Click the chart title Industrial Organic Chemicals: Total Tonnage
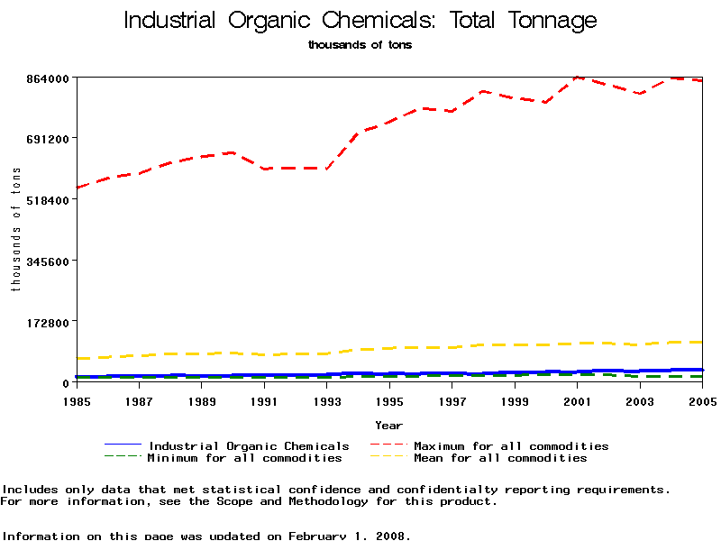[360, 21]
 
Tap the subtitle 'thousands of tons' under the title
[360, 44]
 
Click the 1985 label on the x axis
[76, 400]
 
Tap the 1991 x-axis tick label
[264, 400]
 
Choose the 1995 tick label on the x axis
[389, 400]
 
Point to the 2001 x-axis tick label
[578, 400]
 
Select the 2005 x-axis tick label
[702, 400]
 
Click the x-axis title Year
[388, 425]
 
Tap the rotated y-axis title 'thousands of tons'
[15, 230]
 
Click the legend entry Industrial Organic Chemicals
[249, 446]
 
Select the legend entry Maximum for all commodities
[511, 446]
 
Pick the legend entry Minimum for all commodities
[244, 458]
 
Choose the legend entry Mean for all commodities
[500, 458]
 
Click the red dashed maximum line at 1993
[326, 169]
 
